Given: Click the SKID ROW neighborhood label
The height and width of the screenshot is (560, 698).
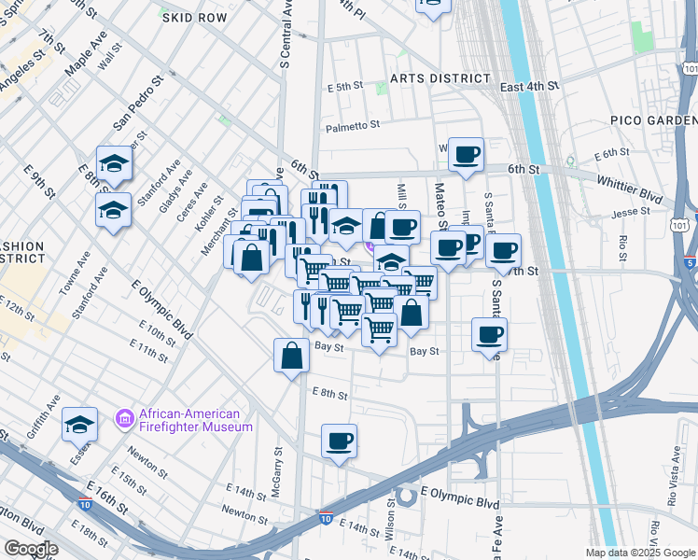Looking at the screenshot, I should [194, 18].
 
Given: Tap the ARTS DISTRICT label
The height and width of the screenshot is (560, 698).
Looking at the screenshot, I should [440, 78].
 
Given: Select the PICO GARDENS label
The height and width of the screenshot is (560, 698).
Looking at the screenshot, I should [653, 120].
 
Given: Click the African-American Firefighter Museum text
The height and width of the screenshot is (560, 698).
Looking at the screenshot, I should [195, 420].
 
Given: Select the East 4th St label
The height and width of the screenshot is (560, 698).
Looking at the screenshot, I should [529, 86].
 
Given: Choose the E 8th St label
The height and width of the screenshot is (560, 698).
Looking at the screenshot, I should [329, 395].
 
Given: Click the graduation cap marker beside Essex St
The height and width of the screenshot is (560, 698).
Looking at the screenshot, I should [80, 425].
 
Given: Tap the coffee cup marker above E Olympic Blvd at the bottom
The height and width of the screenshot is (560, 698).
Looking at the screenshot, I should [340, 441].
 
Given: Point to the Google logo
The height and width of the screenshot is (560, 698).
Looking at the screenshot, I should [32, 549].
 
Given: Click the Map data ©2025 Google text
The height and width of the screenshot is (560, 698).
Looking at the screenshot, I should [640, 553].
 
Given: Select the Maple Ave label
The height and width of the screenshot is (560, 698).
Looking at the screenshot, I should [86, 55].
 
